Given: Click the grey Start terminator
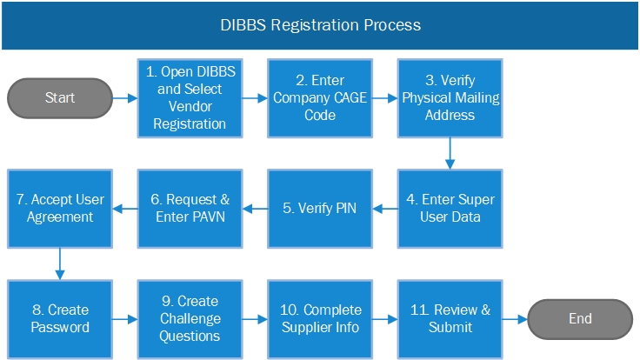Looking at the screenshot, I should pyautogui.click(x=60, y=98).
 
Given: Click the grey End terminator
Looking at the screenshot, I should pyautogui.click(x=580, y=318).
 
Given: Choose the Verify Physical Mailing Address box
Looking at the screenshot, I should pyautogui.click(x=450, y=98).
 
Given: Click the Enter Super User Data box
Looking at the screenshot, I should pyautogui.click(x=450, y=208).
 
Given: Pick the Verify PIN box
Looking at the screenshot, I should pyautogui.click(x=319, y=208).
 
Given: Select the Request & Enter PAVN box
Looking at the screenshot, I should pyautogui.click(x=189, y=208).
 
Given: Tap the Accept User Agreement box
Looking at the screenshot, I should pyautogui.click(x=59, y=208).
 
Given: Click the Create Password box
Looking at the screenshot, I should pyautogui.click(x=59, y=318).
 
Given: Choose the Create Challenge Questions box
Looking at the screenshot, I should pyautogui.click(x=189, y=318).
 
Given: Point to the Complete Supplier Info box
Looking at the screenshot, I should pyautogui.click(x=319, y=318).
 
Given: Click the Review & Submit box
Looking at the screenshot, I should pyautogui.click(x=450, y=318).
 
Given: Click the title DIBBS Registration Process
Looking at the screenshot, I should pyautogui.click(x=320, y=24).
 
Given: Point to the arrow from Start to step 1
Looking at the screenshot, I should pyautogui.click(x=125, y=98).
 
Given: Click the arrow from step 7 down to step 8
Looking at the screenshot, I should pyautogui.click(x=59, y=263).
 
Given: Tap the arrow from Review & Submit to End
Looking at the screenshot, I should pyautogui.click(x=515, y=318).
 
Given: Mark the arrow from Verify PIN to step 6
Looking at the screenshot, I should pyautogui.click(x=254, y=208).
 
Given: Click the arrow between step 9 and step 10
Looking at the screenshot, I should pyautogui.click(x=254, y=318).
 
